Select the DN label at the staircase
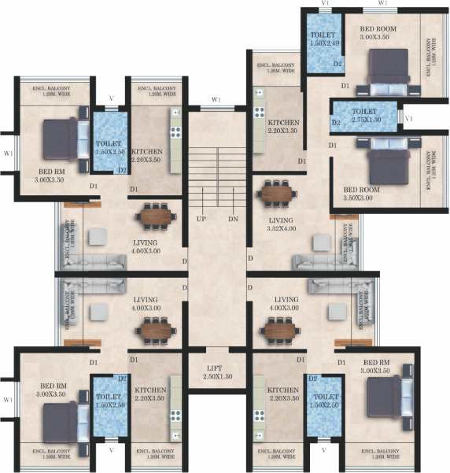click(233, 218)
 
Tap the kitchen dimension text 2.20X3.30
click(282, 133)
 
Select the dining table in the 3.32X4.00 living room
click(280, 192)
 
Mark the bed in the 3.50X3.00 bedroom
click(383, 161)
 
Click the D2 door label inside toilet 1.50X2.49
click(337, 64)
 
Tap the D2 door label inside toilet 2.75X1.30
click(335, 123)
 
